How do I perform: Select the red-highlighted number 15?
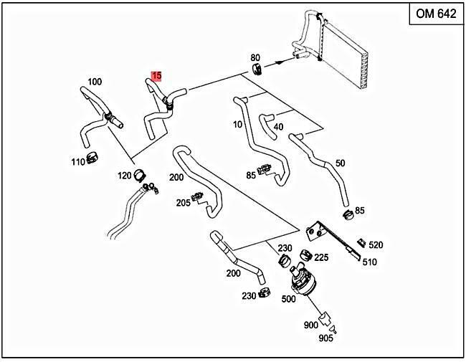[156, 75]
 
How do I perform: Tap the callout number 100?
[95, 81]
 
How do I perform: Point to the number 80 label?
[255, 57]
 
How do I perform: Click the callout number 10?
[238, 125]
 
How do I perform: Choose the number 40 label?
[278, 127]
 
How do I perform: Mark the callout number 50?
[340, 163]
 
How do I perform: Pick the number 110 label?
[78, 162]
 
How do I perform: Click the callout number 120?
[125, 176]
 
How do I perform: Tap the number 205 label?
[183, 203]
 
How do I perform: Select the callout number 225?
[321, 257]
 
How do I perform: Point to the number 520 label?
[376, 245]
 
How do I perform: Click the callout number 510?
[369, 262]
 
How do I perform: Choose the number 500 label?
[288, 299]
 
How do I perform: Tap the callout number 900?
[310, 325]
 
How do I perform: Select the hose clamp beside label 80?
[257, 70]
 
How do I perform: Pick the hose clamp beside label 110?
[92, 156]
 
